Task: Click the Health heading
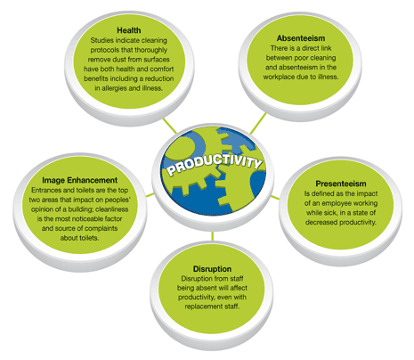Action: click(x=129, y=30)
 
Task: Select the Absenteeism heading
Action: click(x=301, y=38)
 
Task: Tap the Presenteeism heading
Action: click(x=341, y=184)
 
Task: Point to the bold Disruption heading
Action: click(x=212, y=269)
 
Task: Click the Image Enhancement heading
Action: click(x=79, y=180)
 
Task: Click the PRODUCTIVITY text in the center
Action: click(x=215, y=164)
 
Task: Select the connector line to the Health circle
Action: click(x=169, y=126)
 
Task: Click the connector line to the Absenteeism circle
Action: click(x=258, y=123)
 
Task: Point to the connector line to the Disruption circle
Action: click(x=213, y=236)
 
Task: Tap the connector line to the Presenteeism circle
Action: click(x=275, y=198)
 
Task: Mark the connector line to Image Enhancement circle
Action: click(x=150, y=195)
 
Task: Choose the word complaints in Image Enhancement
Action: click(x=101, y=228)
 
